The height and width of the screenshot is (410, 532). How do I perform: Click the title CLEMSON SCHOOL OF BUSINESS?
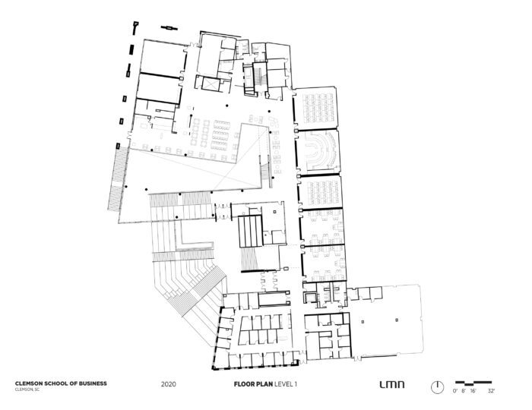pos(61,383)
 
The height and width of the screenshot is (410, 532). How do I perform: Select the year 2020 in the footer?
pos(169,383)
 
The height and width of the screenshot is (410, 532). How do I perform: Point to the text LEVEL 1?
pos(285,383)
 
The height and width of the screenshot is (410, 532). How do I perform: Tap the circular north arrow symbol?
pos(436,386)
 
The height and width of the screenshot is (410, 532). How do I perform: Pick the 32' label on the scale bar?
pos(491,390)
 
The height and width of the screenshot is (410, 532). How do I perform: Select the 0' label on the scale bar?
pos(455,390)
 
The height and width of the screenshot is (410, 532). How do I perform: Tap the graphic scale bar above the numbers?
pos(473,381)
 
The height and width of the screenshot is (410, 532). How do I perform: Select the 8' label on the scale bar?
pos(464,390)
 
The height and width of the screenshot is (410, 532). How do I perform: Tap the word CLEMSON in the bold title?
pos(30,383)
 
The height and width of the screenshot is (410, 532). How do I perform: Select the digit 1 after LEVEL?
pos(295,383)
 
